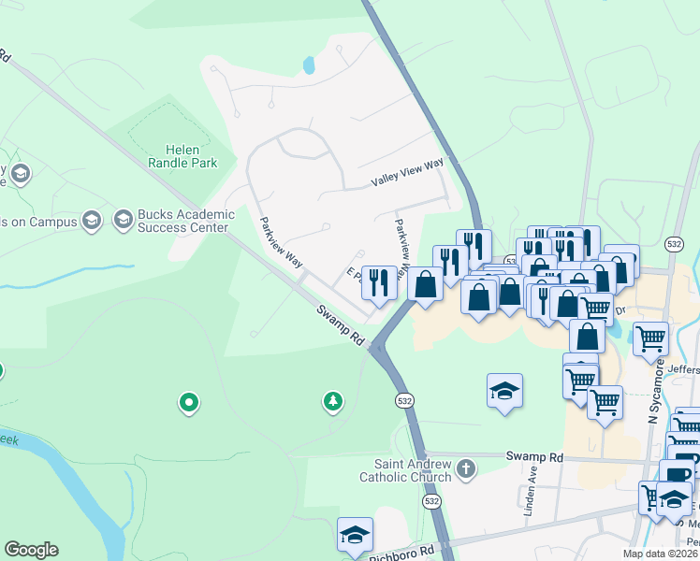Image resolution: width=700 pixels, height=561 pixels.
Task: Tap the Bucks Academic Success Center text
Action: pos(183,221)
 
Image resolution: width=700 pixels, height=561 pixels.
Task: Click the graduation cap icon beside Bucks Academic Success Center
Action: pos(123,220)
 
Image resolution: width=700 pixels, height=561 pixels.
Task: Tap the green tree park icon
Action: pos(332,402)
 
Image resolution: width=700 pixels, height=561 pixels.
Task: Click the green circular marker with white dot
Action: pos(189,403)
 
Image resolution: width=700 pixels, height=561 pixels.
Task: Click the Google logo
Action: pos(31,550)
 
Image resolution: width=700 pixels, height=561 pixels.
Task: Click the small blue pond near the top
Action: pos(309,65)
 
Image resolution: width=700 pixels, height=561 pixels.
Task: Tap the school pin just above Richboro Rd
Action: pos(356,536)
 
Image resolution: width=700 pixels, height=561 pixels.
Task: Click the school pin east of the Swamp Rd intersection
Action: pos(504,391)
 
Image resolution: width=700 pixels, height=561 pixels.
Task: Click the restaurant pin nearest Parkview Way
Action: pos(380,282)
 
